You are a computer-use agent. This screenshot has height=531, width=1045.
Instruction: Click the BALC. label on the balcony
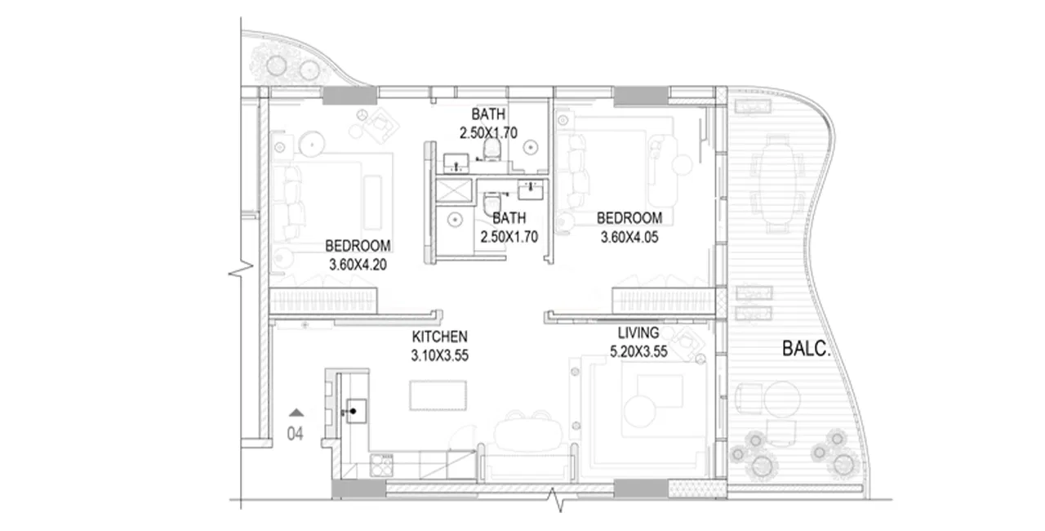point(806,351)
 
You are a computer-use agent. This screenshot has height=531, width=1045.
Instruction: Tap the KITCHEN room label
point(439,337)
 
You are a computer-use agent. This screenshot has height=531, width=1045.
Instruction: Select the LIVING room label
point(638,332)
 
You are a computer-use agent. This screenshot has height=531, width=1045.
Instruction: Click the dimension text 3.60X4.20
point(358,265)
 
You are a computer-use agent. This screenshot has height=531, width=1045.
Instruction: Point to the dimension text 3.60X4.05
point(629,238)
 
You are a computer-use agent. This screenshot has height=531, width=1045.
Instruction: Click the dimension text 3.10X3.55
point(439,355)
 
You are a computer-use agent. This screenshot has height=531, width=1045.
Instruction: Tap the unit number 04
point(295,435)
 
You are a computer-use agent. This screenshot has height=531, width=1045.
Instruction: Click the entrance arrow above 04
point(296,413)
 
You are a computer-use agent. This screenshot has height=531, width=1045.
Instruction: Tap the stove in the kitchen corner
point(381,466)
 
